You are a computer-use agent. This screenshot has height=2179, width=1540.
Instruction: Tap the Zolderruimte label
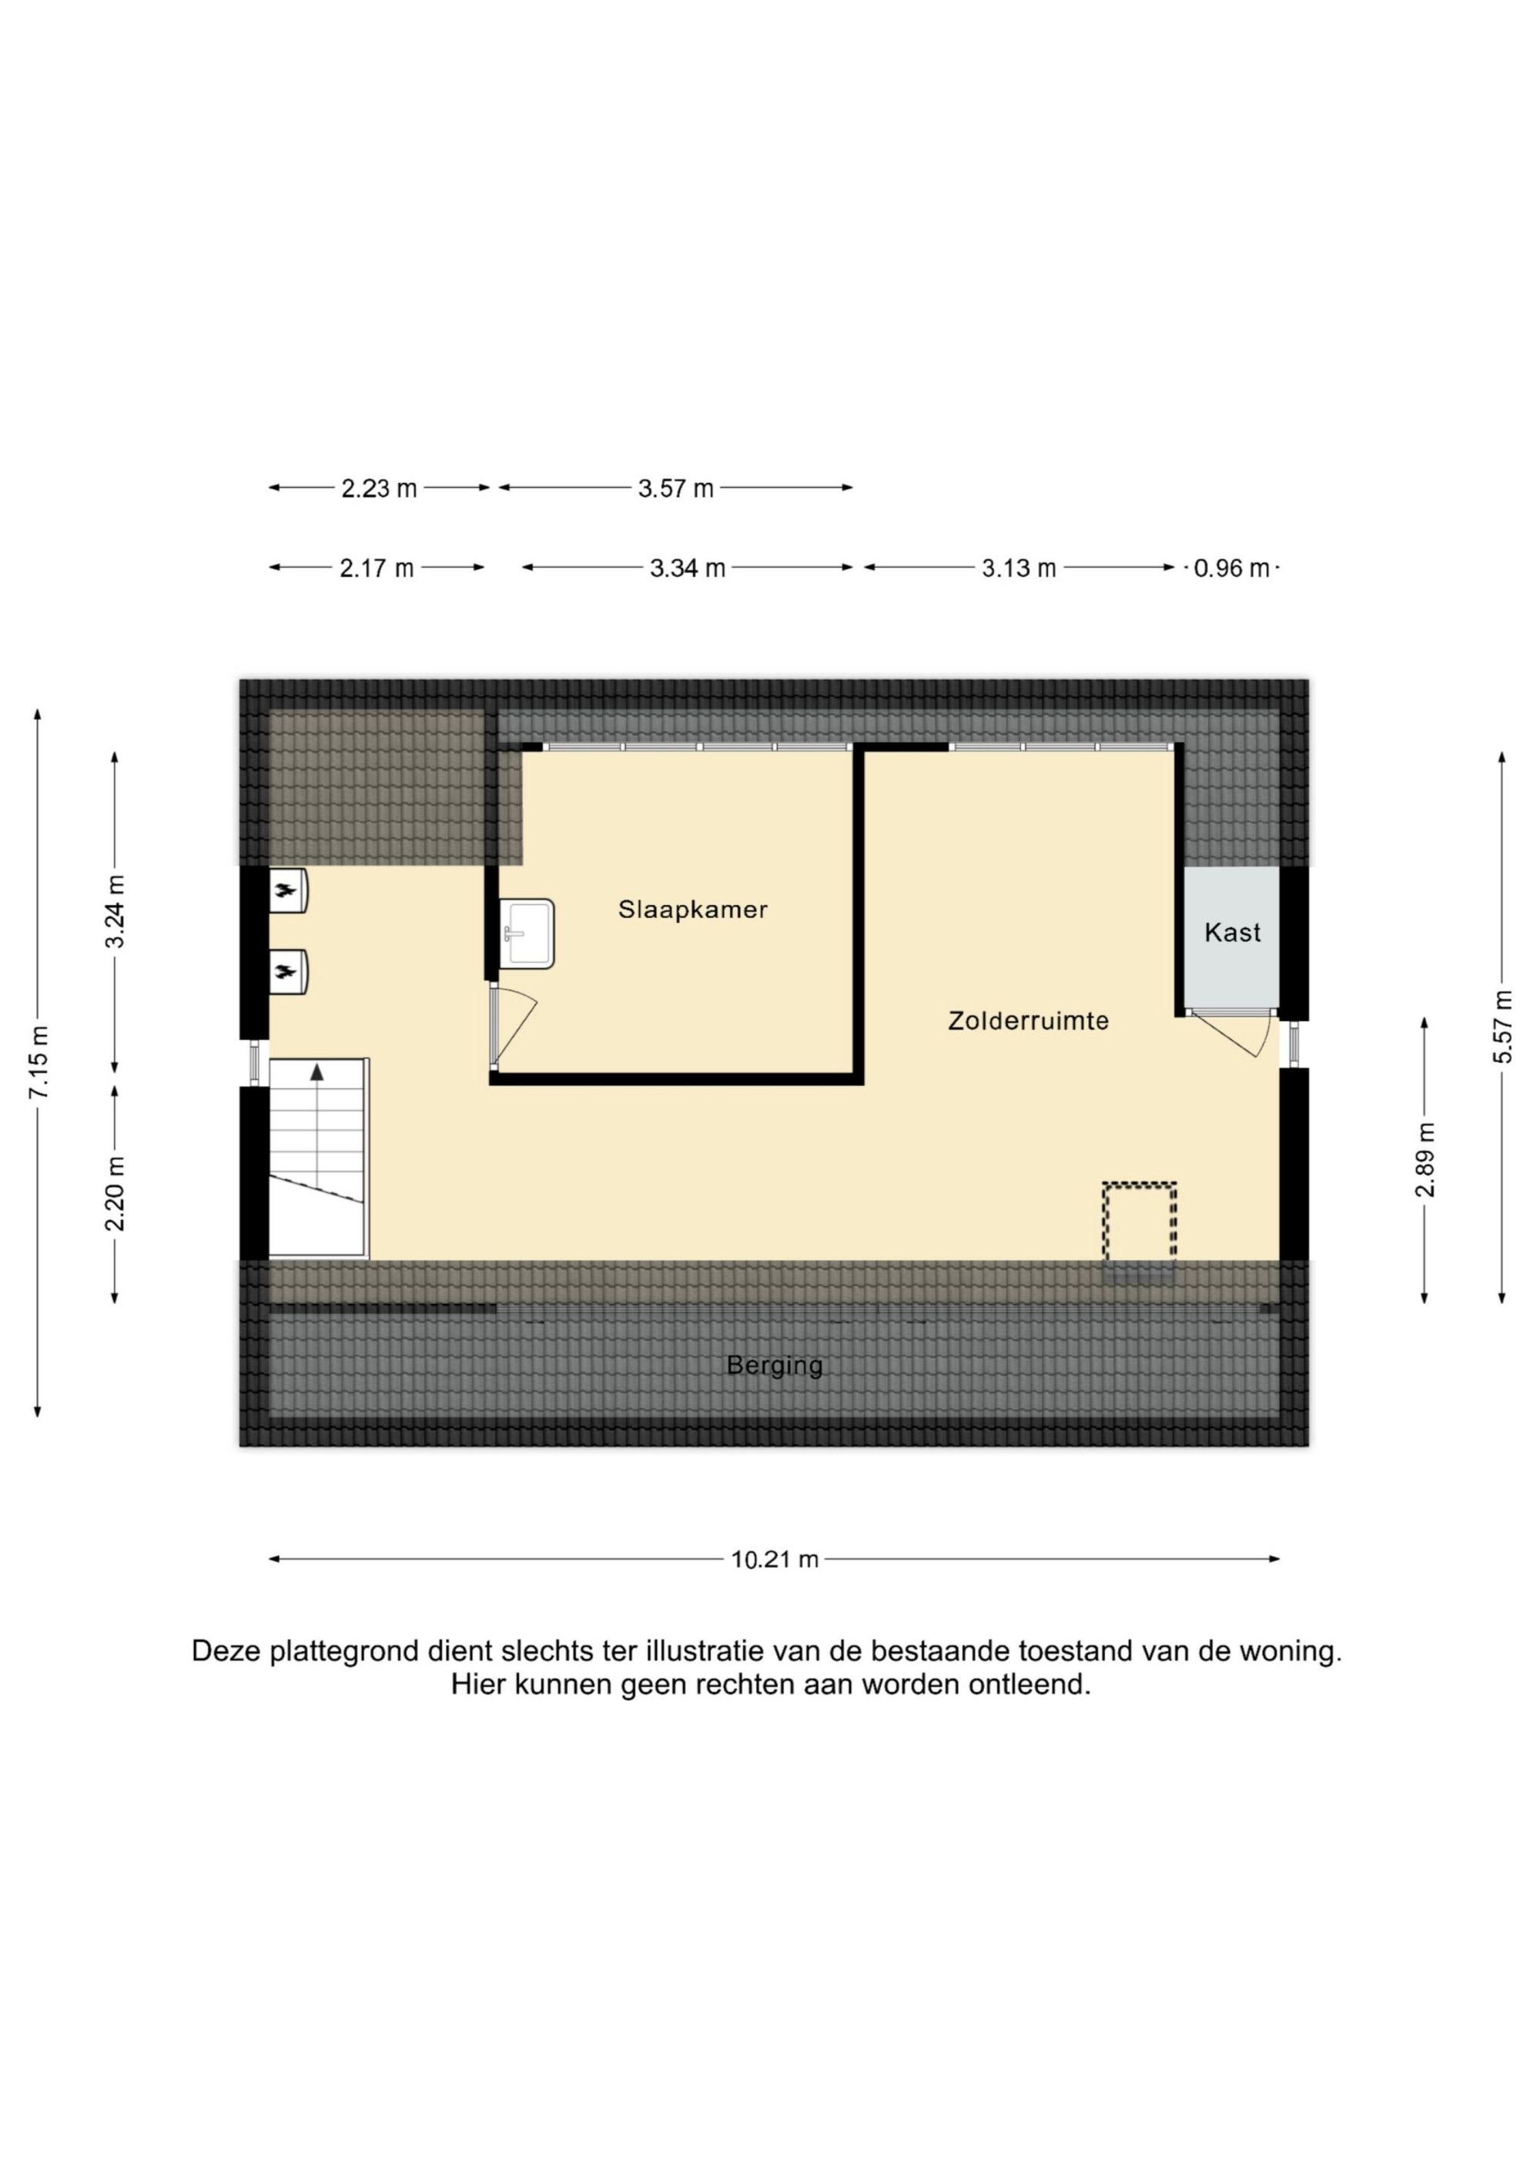point(1029,1021)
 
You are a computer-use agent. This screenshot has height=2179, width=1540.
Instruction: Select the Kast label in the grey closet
point(1233,932)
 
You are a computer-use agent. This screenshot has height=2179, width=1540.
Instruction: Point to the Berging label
point(775,1366)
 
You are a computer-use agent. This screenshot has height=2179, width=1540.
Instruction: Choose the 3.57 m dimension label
point(675,489)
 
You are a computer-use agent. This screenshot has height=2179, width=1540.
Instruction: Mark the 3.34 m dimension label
point(688,568)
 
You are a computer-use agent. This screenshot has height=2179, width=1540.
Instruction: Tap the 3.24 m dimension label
point(115,912)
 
